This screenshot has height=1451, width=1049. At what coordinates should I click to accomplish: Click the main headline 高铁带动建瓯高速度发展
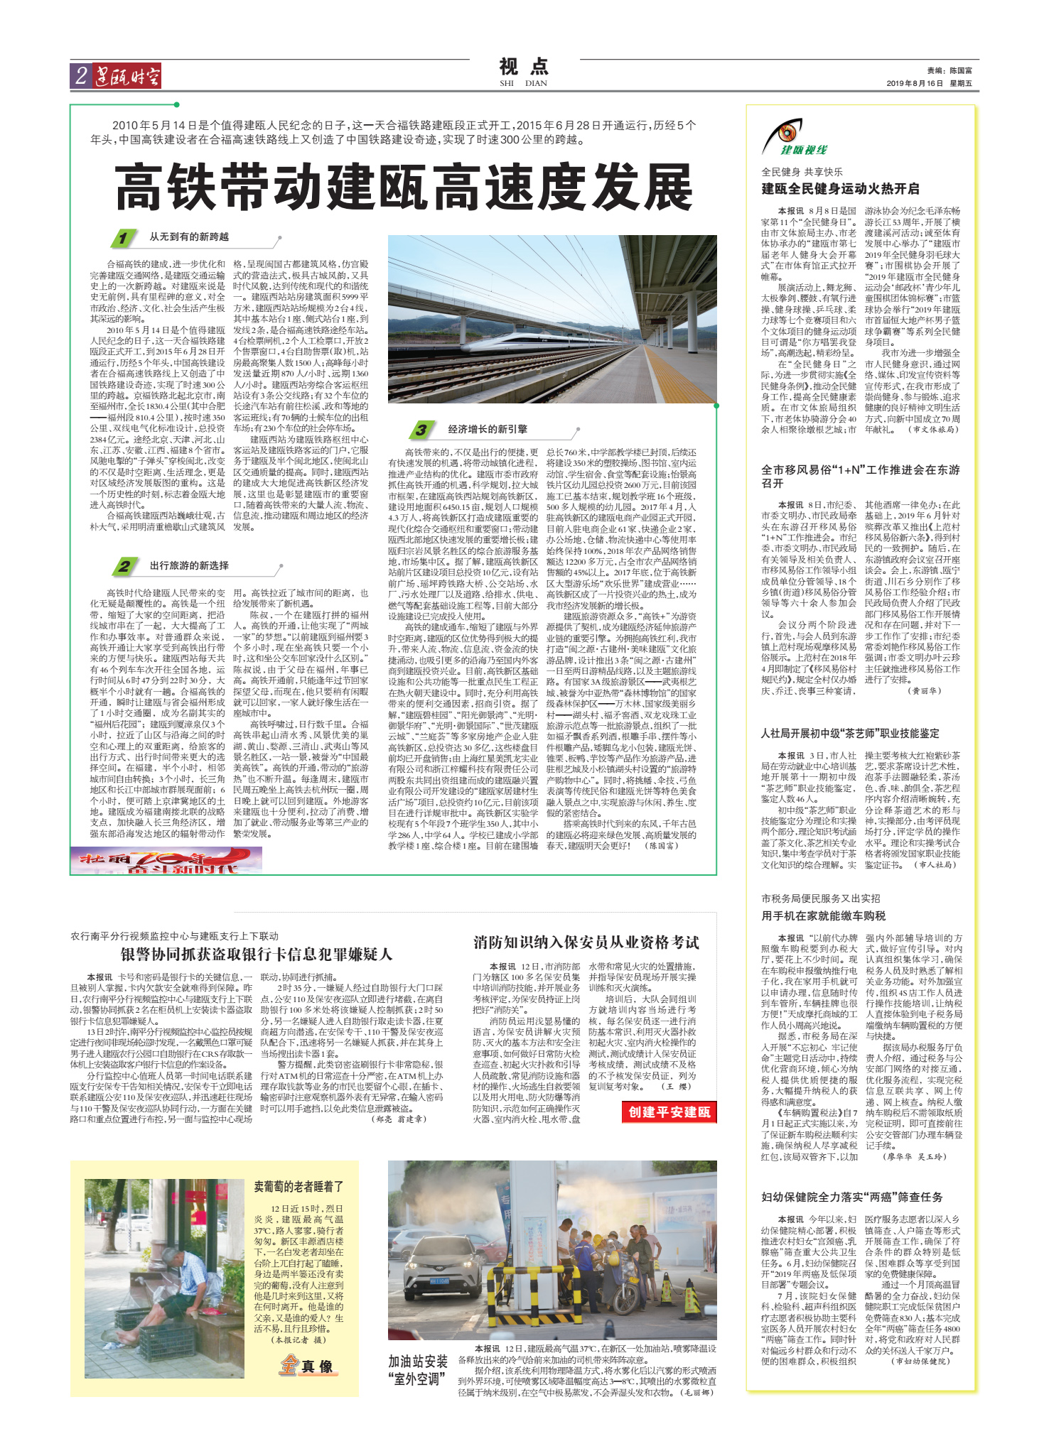coord(404,188)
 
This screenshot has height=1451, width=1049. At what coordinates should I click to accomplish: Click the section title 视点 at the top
coord(524,67)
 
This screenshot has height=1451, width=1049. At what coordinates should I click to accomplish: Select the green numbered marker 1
coord(123,238)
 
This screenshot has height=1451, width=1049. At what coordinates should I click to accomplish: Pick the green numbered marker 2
coord(124,566)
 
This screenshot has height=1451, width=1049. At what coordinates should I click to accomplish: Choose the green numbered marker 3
coord(421,430)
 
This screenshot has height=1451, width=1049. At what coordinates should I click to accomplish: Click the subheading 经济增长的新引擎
coord(488,429)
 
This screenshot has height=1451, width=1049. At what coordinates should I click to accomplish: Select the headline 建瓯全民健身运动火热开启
coord(840,189)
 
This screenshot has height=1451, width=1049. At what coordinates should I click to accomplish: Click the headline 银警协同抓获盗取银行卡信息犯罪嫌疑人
coord(256,954)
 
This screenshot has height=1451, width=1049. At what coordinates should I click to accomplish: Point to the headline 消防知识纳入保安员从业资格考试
coord(586,942)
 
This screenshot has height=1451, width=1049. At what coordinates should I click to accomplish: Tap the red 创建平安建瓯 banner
coord(669,1112)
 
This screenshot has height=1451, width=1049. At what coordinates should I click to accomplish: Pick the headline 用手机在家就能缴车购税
coord(823,915)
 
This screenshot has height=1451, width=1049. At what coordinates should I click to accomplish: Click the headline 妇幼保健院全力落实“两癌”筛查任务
coord(851,1197)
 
